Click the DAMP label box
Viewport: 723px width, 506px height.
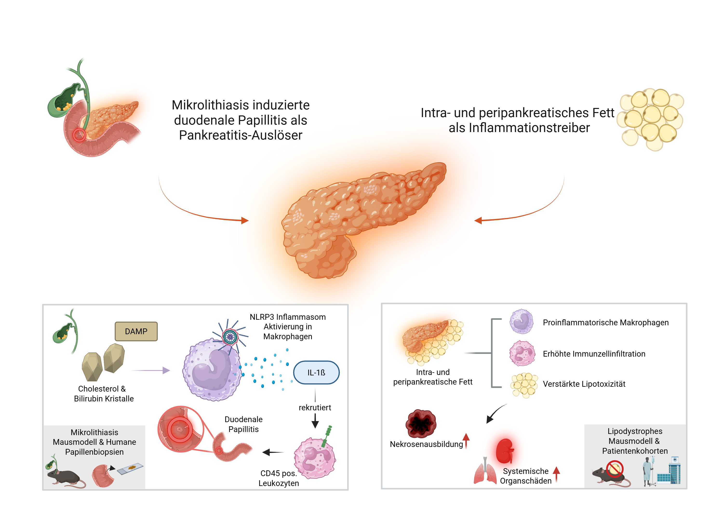tap(136, 331)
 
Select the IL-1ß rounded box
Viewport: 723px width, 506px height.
tap(316, 373)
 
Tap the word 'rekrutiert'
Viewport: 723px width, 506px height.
tap(315, 407)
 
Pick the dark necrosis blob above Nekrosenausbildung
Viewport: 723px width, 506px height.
tap(421, 424)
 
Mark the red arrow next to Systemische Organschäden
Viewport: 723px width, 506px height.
tap(556, 474)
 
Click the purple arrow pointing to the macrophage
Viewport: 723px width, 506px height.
tap(151, 371)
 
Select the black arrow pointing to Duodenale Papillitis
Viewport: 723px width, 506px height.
tap(273, 453)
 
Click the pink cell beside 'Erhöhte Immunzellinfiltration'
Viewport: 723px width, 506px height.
tap(522, 353)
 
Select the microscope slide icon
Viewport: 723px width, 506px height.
tap(130, 468)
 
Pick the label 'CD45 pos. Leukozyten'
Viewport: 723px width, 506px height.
tap(279, 478)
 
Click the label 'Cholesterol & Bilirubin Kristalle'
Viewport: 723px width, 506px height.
tap(104, 393)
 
